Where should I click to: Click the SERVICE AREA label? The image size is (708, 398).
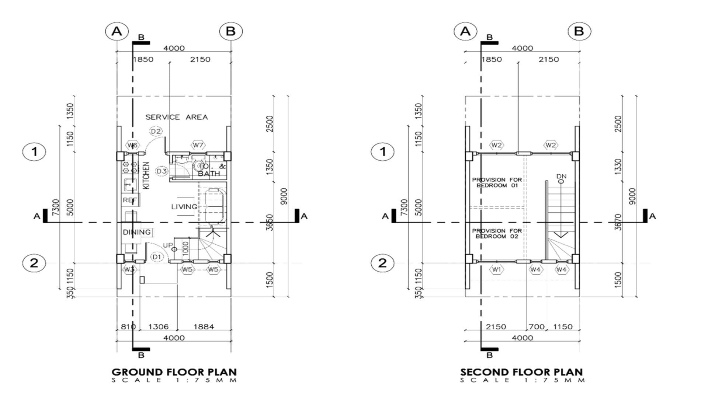176,117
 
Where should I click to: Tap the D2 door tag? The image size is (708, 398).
156,131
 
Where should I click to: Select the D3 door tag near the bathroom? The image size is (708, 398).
162,171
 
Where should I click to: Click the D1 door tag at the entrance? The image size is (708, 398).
157,257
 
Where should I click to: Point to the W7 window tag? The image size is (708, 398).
198,145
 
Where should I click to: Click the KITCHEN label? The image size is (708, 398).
146,175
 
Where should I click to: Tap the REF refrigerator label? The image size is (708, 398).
129,200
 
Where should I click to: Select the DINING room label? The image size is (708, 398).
137,232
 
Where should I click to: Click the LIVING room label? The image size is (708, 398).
184,207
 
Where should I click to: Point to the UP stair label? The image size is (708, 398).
168,245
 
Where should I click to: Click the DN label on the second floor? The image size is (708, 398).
561,177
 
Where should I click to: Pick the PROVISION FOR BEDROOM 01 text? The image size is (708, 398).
497,182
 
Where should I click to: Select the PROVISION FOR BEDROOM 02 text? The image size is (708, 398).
497,233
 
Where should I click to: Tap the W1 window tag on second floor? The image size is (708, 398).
497,269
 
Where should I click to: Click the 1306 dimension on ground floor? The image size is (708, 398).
158,327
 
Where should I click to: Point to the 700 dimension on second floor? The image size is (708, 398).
537,327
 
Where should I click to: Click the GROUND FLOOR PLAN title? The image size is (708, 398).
174,372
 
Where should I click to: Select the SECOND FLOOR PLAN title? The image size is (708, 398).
521,372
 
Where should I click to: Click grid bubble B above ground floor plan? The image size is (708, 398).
231,31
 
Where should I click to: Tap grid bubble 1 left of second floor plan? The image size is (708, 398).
382,152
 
